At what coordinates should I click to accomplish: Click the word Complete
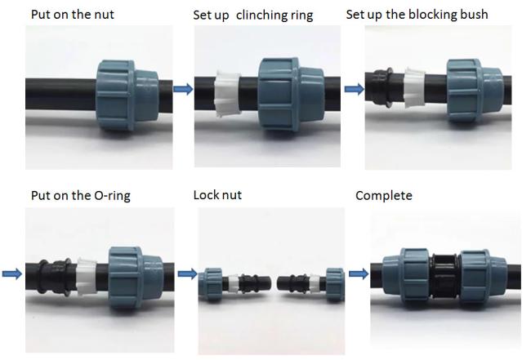click(x=384, y=196)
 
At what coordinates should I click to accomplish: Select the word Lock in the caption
click(x=206, y=195)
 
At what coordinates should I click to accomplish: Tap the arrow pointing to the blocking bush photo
click(x=354, y=90)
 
